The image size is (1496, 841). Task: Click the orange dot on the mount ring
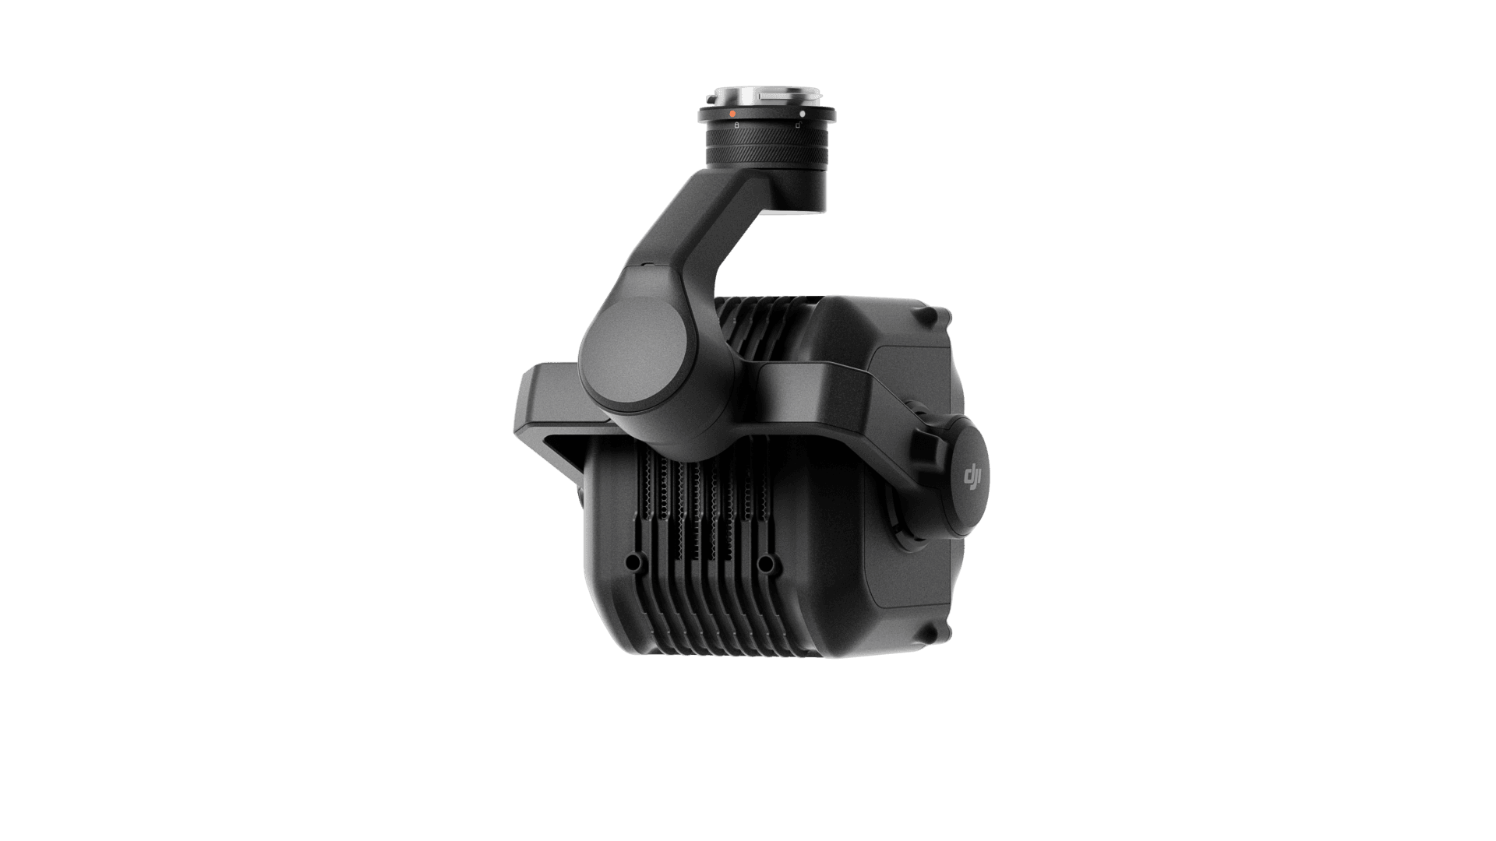pyautogui.click(x=732, y=114)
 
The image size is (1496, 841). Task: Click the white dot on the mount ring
pyautogui.click(x=802, y=114)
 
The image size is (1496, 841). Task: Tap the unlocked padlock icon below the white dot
pyautogui.click(x=799, y=123)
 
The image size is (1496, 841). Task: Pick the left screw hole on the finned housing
pyautogui.click(x=632, y=561)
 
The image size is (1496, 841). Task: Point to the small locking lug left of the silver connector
pyautogui.click(x=711, y=99)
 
